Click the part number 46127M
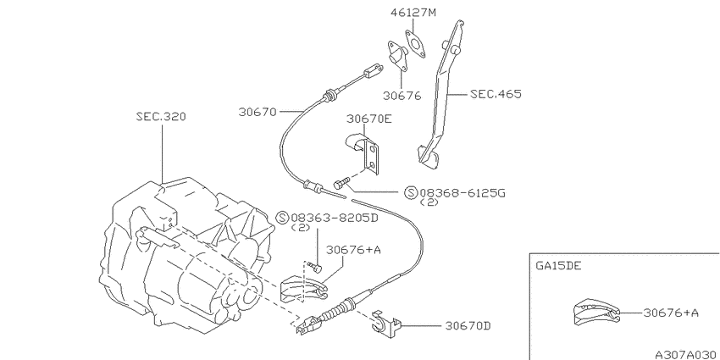413,13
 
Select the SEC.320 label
161,117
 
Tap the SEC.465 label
496,94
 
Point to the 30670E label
369,119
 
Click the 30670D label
468,326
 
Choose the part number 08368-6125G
462,193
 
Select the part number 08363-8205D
335,218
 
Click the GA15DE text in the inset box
558,266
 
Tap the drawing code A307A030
686,355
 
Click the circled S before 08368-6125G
411,193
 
